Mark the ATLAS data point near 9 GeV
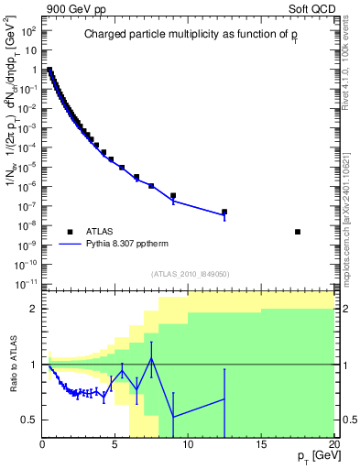[x=173, y=195]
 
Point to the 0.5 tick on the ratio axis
[x=30, y=420]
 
